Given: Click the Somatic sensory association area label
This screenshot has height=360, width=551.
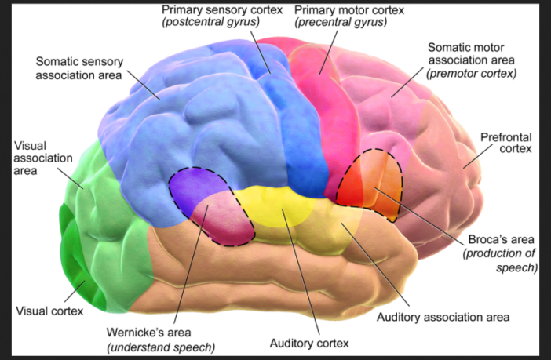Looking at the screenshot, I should [78, 68].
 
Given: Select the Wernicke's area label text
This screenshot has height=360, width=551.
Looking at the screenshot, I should [160, 333].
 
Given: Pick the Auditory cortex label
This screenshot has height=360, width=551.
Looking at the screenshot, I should [308, 344].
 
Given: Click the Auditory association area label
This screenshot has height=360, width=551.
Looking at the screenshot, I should [443, 317].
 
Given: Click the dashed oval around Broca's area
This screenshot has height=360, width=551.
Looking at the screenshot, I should [370, 185].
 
